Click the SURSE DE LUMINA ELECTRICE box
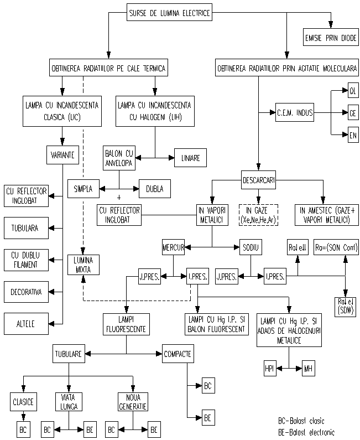pyautogui.click(x=169, y=13)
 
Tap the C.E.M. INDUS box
pyautogui.click(x=295, y=113)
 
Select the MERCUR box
pyautogui.click(x=173, y=246)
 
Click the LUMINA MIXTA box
pyautogui.click(x=82, y=264)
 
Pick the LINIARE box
pyautogui.click(x=190, y=158)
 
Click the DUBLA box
pyautogui.click(x=155, y=188)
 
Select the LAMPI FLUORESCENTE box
pyautogui.click(x=127, y=323)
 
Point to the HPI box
pyautogui.click(x=270, y=367)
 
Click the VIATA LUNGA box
pyautogui.click(x=69, y=401)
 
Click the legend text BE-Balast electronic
pyautogui.click(x=306, y=432)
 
